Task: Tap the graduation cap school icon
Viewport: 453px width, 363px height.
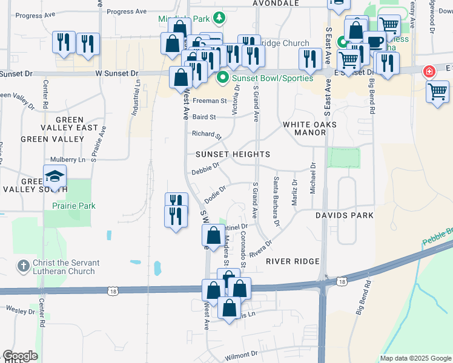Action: point(55,177)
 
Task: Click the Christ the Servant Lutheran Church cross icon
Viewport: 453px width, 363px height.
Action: point(23,266)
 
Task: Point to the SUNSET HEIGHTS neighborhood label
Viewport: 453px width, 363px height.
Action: point(233,154)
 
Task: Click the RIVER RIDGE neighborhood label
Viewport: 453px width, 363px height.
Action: point(292,261)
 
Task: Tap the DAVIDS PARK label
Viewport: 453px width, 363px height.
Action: point(344,215)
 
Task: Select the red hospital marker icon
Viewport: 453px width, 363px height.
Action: point(429,71)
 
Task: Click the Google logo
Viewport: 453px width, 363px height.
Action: point(20,356)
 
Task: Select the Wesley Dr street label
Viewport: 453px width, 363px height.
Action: point(21,311)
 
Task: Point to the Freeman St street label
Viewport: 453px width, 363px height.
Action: point(210,101)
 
